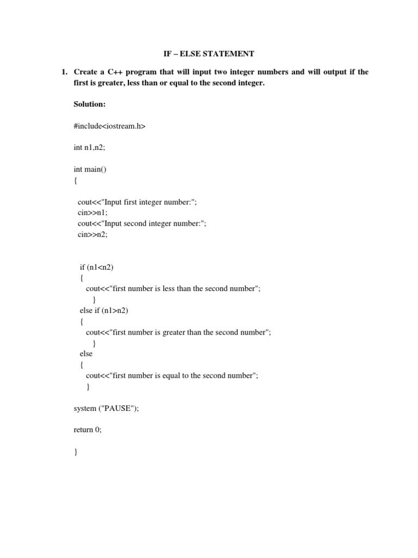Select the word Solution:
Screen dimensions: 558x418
coord(90,104)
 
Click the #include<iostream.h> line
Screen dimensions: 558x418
coord(109,126)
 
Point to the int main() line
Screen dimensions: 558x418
coord(90,169)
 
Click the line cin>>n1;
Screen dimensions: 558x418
coord(89,213)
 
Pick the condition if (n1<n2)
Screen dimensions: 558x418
coord(97,267)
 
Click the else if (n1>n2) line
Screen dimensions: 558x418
coord(104,310)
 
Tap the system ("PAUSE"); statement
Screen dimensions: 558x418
coord(106,408)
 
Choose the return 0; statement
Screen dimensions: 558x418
coord(88,429)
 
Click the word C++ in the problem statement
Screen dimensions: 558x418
coord(121,72)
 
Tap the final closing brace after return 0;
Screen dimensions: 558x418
coord(76,452)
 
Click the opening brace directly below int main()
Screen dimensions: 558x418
coord(76,180)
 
